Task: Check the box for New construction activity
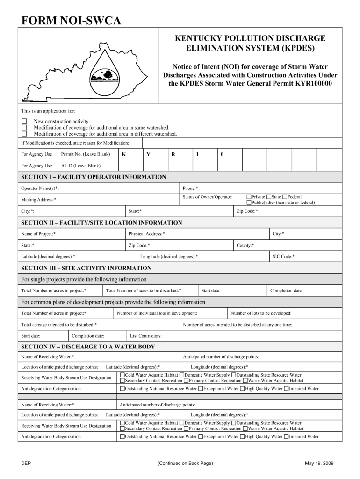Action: click(x=24, y=121)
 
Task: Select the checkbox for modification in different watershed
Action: click(x=24, y=134)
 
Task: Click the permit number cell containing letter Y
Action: click(x=148, y=154)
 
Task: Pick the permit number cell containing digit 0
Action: click(x=222, y=154)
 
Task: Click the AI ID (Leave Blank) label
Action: click(x=81, y=166)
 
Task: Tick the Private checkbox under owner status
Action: click(x=249, y=197)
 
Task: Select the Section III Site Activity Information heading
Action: click(x=86, y=268)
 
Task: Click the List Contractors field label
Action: click(x=146, y=336)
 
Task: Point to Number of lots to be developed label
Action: click(x=261, y=313)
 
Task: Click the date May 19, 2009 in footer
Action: click(x=320, y=464)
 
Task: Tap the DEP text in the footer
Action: click(x=26, y=464)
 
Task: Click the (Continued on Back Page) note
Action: click(x=186, y=464)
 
